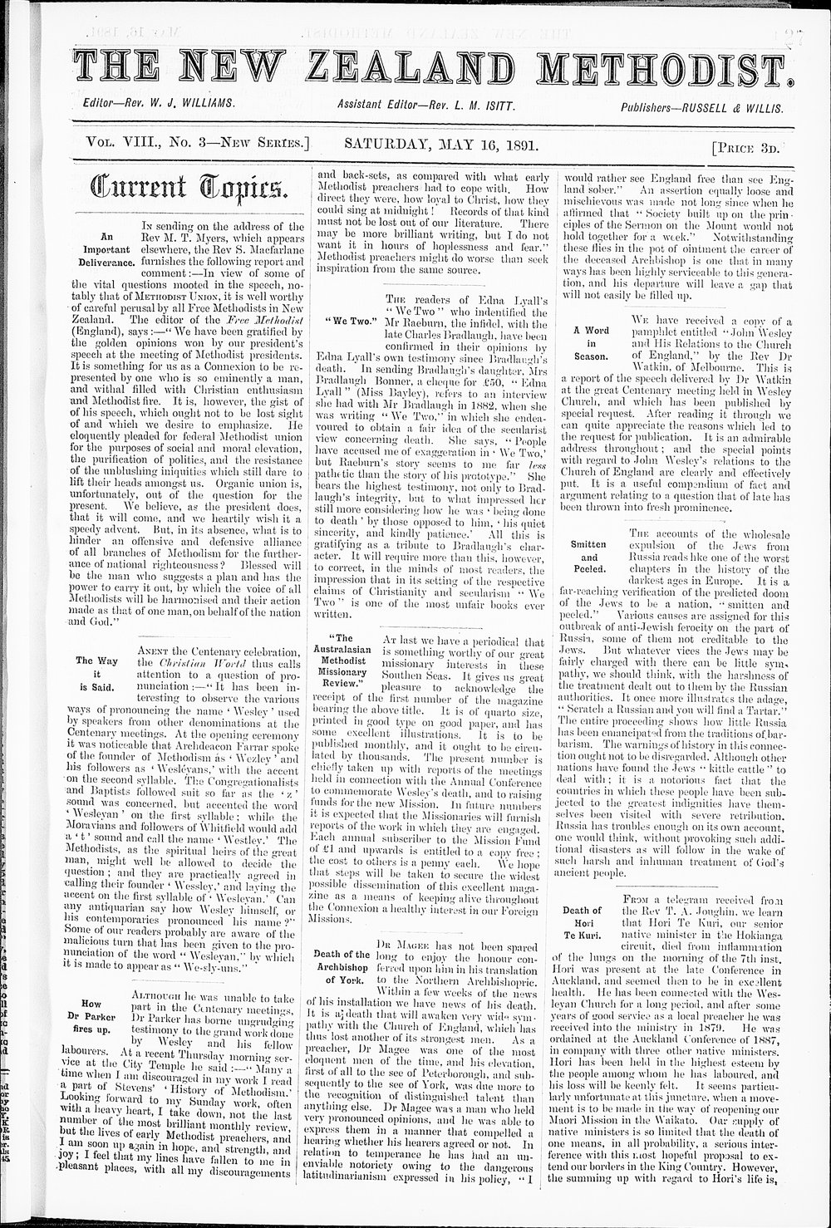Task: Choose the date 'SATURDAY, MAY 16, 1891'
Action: (x=440, y=145)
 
